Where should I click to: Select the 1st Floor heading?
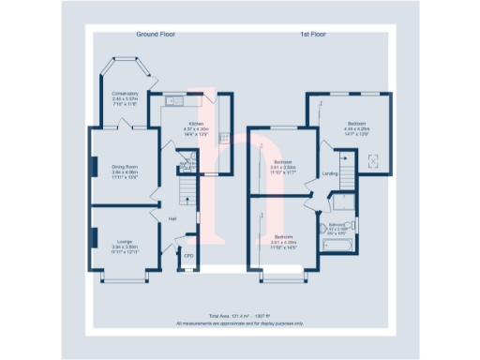[x=312, y=35]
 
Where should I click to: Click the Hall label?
[x=172, y=218]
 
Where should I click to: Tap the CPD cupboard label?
[x=187, y=255]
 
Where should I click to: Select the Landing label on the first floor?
[x=330, y=173]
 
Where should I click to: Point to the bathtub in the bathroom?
[x=336, y=246]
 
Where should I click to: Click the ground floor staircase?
[x=187, y=193]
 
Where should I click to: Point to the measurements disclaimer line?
[x=240, y=323]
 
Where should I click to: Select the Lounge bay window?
[x=124, y=278]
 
